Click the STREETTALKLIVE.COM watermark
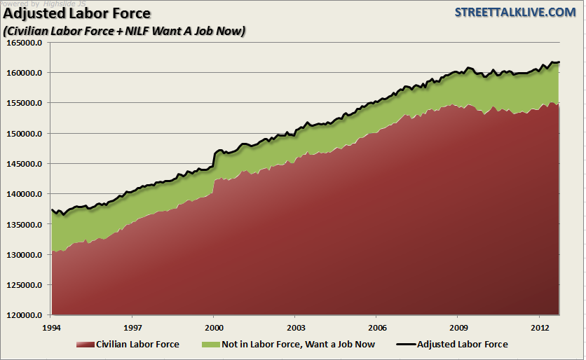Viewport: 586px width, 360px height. tap(515, 13)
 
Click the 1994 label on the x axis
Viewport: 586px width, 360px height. tap(51, 327)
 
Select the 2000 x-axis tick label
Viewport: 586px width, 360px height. tap(214, 327)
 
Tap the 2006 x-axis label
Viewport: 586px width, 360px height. tap(377, 327)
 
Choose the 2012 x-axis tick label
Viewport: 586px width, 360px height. tap(540, 327)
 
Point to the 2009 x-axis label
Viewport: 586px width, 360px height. tap(458, 327)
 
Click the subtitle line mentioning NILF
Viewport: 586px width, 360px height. tap(124, 32)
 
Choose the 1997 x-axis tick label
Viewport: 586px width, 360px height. tap(132, 327)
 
